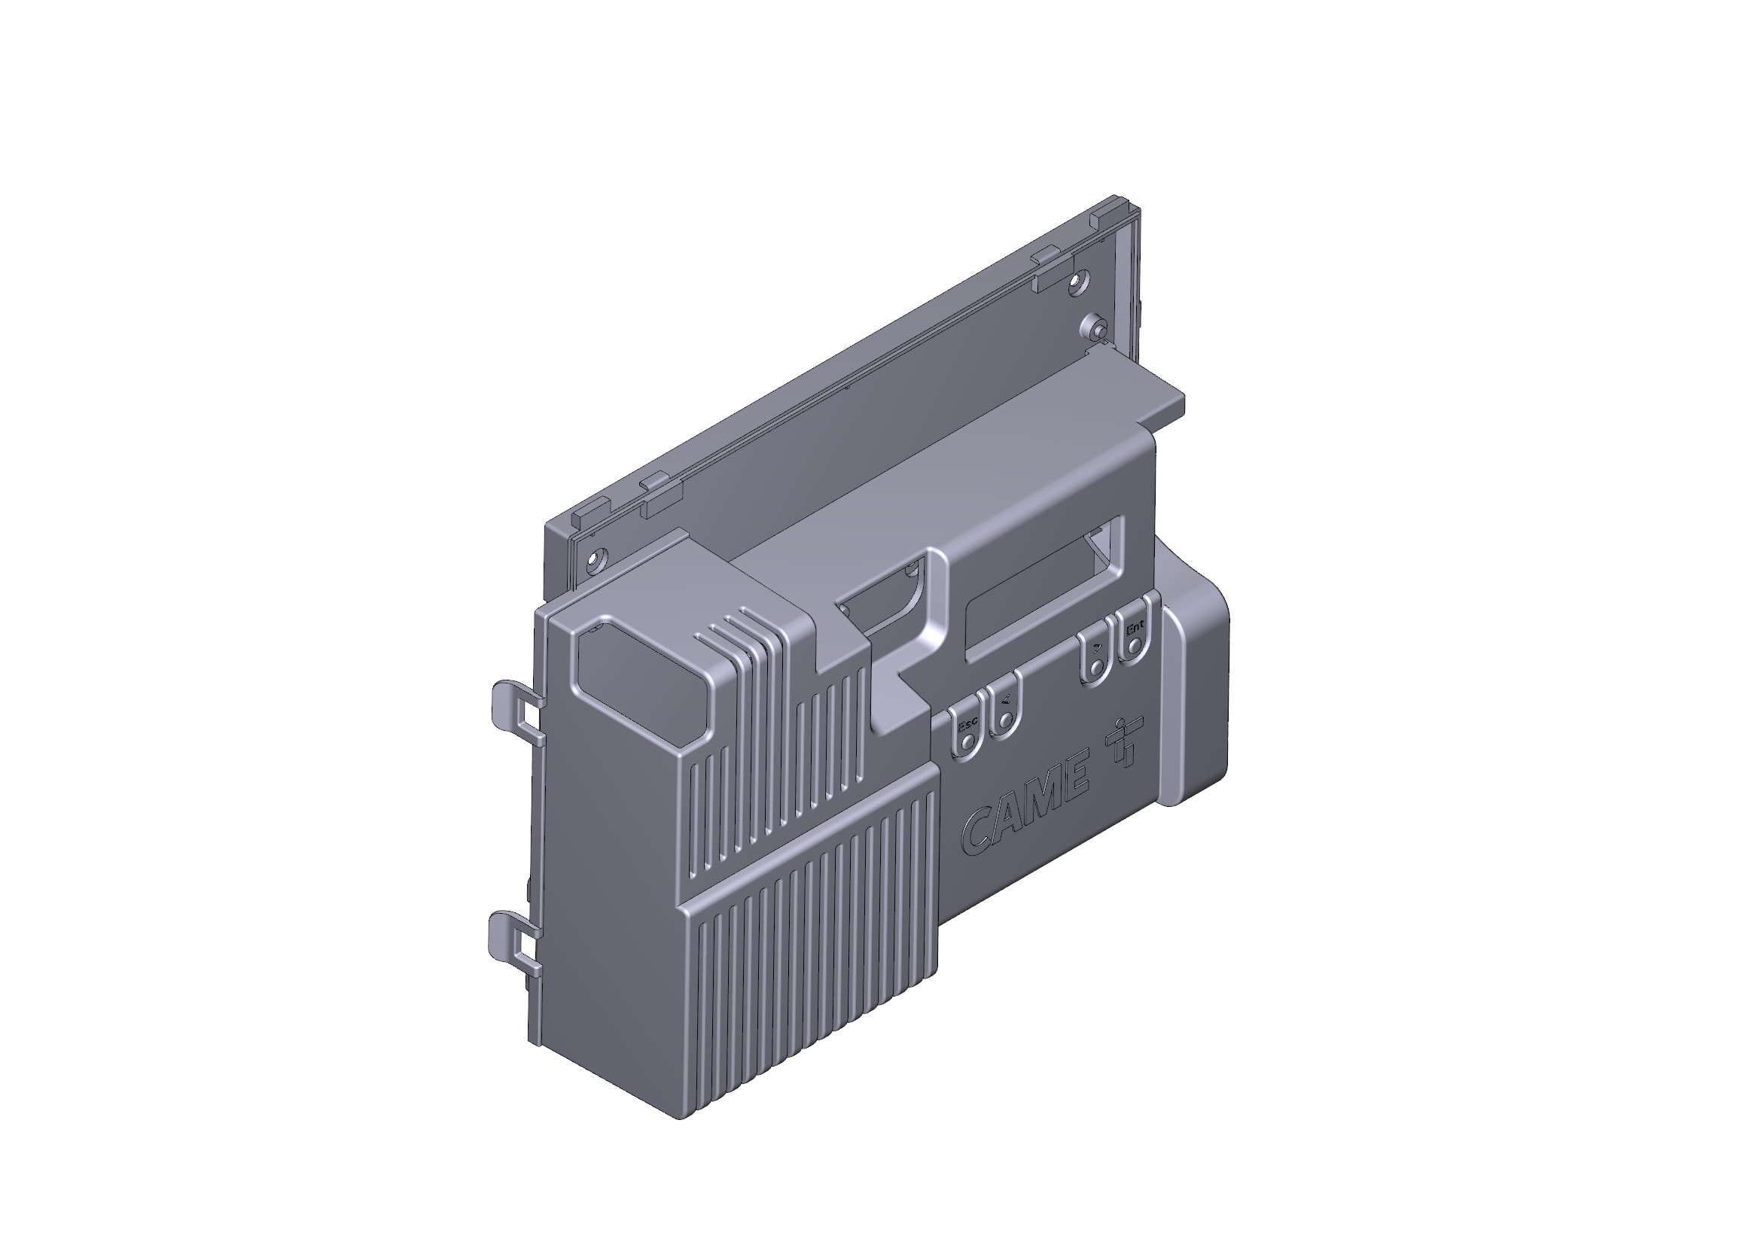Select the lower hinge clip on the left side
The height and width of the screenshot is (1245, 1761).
point(515,939)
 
